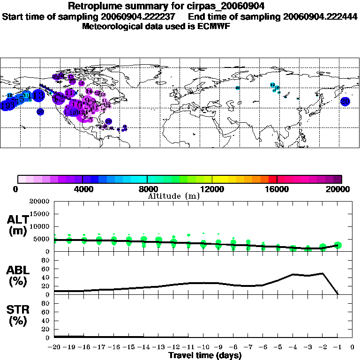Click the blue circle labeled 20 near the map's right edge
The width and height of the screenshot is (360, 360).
click(345, 101)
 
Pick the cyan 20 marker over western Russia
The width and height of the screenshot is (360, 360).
click(238, 88)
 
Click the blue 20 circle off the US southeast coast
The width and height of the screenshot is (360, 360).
click(109, 121)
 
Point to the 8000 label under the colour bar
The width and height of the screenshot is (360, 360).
click(147, 189)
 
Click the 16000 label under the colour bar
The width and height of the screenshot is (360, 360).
click(277, 189)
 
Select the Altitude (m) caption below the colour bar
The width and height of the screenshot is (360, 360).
click(173, 196)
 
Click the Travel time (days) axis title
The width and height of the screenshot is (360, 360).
click(205, 356)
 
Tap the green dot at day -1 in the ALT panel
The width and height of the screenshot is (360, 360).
click(337, 245)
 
